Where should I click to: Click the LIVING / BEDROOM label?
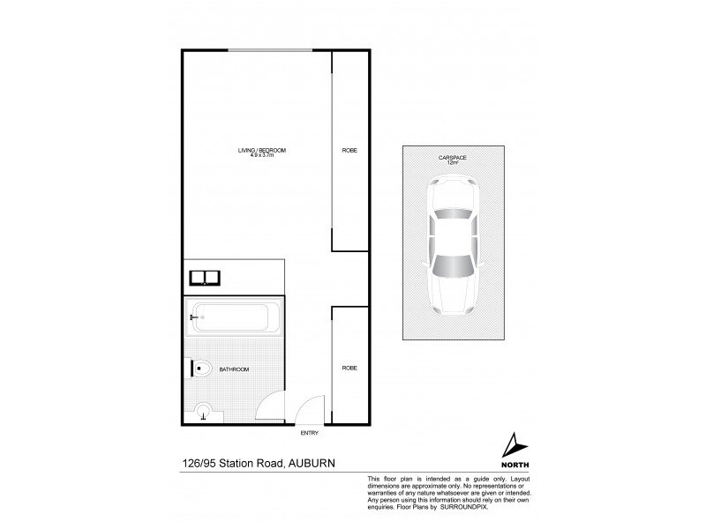pyautogui.click(x=261, y=151)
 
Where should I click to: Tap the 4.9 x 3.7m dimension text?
pyautogui.click(x=261, y=157)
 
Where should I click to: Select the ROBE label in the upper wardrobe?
pyautogui.click(x=349, y=151)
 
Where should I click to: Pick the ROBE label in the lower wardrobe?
pyautogui.click(x=349, y=368)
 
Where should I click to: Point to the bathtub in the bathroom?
pyautogui.click(x=235, y=315)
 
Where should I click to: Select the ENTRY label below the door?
pyautogui.click(x=308, y=432)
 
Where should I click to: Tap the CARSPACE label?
pyautogui.click(x=453, y=157)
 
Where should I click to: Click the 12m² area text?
pyautogui.click(x=453, y=163)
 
